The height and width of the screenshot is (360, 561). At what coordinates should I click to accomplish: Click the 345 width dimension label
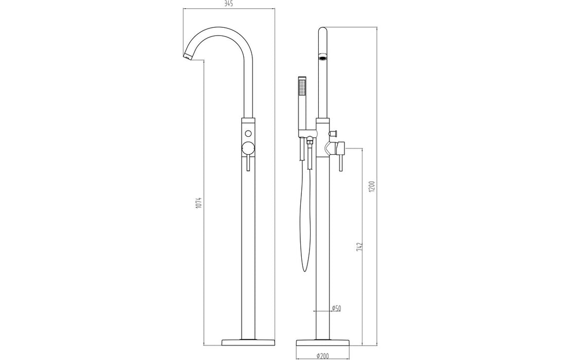(x=229, y=4)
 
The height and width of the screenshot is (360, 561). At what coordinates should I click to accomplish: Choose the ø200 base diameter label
(x=323, y=354)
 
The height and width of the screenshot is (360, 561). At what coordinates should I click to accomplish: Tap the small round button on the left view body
(x=248, y=134)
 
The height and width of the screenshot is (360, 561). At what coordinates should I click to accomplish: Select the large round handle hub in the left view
(x=248, y=149)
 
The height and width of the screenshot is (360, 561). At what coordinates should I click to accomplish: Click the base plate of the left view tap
(x=248, y=342)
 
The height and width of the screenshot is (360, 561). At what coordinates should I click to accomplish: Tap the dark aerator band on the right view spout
(x=322, y=58)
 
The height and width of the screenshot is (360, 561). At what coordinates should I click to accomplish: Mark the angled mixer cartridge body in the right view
(x=330, y=149)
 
